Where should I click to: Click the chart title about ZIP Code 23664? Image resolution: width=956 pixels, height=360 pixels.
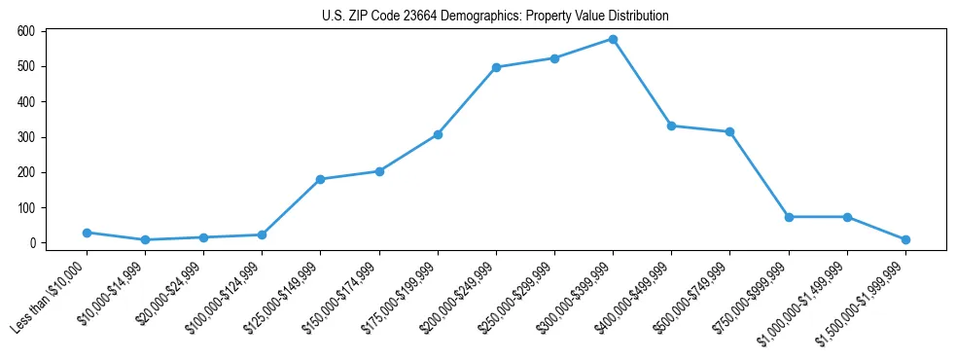(x=495, y=17)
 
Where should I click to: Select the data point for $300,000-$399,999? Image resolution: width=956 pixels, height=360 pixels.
(x=613, y=39)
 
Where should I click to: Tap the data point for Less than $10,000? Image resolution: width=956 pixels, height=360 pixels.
(x=87, y=233)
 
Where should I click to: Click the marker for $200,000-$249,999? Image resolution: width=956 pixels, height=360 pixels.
(x=496, y=67)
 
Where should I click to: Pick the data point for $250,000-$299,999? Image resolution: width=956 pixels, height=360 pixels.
(x=554, y=58)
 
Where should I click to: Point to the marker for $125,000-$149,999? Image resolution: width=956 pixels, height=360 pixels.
(x=320, y=179)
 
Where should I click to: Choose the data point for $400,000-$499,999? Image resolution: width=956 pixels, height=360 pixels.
(x=671, y=126)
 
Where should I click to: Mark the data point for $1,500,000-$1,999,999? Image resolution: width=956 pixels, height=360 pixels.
(x=905, y=239)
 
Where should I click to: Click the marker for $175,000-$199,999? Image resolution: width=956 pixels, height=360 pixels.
(x=438, y=134)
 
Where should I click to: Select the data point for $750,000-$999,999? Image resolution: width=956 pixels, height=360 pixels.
(x=789, y=217)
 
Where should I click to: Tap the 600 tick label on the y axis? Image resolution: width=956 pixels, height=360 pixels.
(x=26, y=31)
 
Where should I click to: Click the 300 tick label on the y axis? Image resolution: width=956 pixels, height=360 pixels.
(x=26, y=137)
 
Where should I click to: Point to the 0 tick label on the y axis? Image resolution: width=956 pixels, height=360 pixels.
(x=32, y=243)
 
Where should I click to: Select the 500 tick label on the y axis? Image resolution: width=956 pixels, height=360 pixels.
(x=26, y=66)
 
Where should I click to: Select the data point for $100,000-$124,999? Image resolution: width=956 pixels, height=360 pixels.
(x=262, y=234)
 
